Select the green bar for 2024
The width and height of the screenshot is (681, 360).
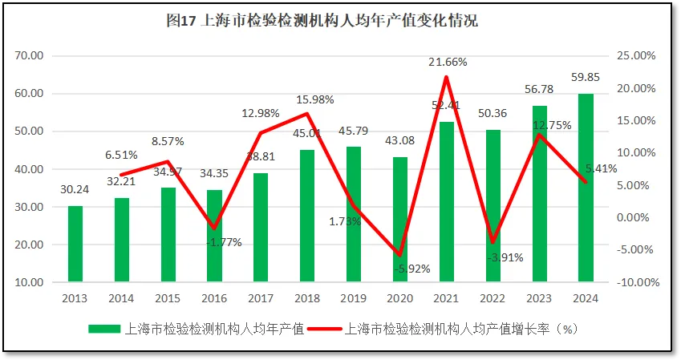(586, 188)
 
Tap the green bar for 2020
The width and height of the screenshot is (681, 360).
(400, 219)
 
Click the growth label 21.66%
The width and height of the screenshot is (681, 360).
(448, 62)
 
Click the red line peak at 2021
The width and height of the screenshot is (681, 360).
(447, 77)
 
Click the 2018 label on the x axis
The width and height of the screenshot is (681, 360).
(307, 297)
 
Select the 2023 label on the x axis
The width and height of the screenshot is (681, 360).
(540, 297)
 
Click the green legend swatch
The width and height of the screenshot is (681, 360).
(105, 330)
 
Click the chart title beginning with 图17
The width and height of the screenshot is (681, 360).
(322, 22)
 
